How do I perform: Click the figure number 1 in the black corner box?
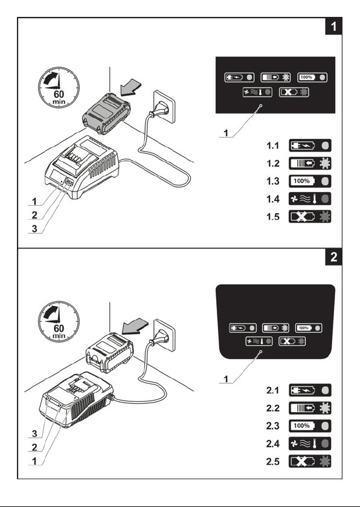click(x=333, y=26)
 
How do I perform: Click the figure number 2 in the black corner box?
click(x=333, y=257)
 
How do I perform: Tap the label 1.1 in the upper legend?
click(x=272, y=146)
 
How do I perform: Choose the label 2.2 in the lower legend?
click(x=272, y=408)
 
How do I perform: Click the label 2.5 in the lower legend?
click(x=272, y=461)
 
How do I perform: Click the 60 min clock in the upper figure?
click(x=59, y=88)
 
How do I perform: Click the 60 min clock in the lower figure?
click(x=59, y=322)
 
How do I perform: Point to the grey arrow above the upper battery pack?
click(x=130, y=88)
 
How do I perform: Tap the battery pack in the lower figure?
click(x=109, y=352)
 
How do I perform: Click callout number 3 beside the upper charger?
click(x=34, y=229)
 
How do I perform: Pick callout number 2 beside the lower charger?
click(x=34, y=447)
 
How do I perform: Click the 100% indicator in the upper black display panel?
click(x=312, y=78)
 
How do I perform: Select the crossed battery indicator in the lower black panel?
click(x=292, y=341)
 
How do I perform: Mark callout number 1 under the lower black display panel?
click(x=226, y=379)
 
